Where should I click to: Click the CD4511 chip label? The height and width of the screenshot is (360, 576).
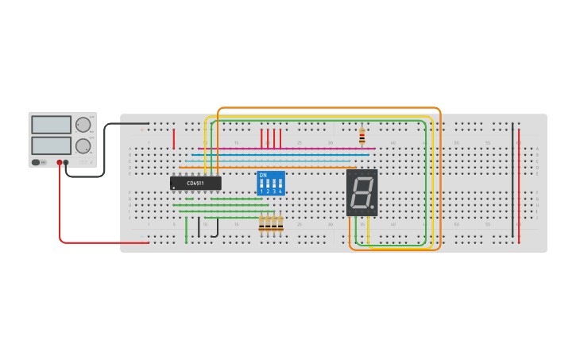(x=195, y=184)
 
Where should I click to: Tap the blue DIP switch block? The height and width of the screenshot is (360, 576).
(x=270, y=183)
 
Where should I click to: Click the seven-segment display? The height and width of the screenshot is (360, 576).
(x=361, y=192)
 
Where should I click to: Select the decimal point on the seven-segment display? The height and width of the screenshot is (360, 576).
(x=372, y=207)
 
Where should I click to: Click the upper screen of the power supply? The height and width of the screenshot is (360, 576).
(x=51, y=125)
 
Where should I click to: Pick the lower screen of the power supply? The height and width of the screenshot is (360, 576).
(x=51, y=145)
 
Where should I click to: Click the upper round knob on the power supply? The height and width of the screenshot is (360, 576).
(x=83, y=125)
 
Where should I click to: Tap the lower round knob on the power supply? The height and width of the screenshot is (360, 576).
(x=83, y=146)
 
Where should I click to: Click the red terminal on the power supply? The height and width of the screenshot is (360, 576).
(x=59, y=162)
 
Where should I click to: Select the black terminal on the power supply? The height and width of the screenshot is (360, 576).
(x=66, y=162)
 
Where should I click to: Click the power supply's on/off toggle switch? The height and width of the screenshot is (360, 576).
(x=36, y=162)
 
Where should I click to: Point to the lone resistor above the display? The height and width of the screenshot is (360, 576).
(x=361, y=137)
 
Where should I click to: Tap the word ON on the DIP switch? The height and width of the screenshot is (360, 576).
(x=263, y=175)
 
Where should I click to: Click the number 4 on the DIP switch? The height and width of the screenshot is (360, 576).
(x=280, y=192)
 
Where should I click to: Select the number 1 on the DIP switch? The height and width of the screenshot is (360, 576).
(x=261, y=192)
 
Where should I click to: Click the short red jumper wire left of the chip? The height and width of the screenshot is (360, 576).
(x=173, y=139)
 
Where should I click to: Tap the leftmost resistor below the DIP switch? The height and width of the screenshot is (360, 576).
(x=261, y=225)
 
